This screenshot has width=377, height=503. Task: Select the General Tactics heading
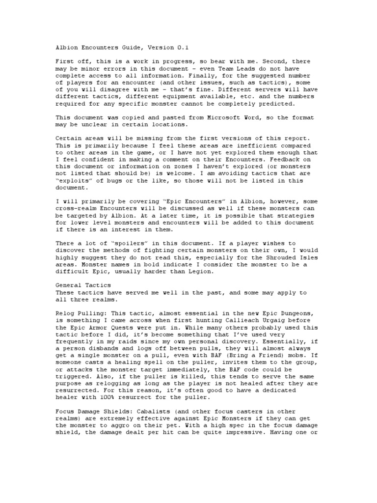tap(83, 285)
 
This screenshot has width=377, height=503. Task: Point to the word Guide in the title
tap(131, 47)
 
